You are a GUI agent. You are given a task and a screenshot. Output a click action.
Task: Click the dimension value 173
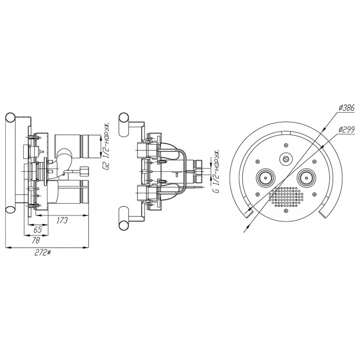click(62, 221)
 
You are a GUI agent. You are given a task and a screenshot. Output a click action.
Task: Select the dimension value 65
click(38, 229)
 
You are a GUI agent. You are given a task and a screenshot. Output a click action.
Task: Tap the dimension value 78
click(36, 240)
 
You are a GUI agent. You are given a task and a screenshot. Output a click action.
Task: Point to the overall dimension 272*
click(43, 253)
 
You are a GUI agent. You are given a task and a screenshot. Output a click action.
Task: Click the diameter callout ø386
click(347, 107)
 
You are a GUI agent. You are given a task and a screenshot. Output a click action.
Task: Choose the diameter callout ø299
click(347, 130)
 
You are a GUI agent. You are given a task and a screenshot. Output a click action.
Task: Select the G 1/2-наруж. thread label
click(217, 171)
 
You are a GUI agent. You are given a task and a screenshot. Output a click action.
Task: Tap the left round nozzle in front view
click(265, 178)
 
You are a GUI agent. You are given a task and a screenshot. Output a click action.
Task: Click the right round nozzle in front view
click(307, 178)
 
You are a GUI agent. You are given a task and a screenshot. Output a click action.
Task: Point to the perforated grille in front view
click(286, 196)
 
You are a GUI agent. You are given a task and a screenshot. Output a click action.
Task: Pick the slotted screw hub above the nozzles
click(286, 158)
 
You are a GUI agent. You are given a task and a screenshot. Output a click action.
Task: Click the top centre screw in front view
click(286, 145)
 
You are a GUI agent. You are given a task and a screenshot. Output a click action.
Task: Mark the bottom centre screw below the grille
click(286, 210)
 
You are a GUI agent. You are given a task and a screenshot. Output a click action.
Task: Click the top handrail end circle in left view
click(11, 118)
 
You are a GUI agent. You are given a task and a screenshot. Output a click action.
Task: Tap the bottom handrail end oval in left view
click(11, 209)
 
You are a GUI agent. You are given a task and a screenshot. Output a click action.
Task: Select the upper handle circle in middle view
click(123, 118)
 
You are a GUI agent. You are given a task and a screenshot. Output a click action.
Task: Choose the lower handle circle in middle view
click(123, 225)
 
